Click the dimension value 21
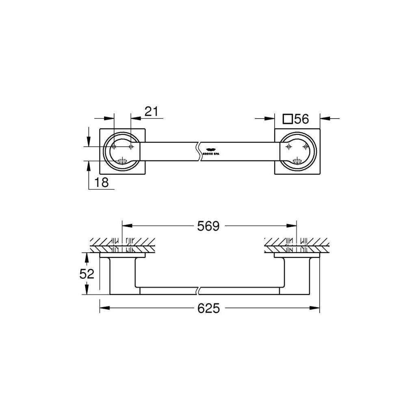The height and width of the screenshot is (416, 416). (x=151, y=111)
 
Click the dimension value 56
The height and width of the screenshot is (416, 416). (x=301, y=119)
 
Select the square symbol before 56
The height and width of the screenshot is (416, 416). (x=288, y=119)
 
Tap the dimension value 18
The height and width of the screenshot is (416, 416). (x=102, y=182)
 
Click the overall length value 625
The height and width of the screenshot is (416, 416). (x=209, y=308)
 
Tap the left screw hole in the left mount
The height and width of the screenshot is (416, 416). (x=114, y=146)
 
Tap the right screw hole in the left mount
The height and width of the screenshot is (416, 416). (x=130, y=146)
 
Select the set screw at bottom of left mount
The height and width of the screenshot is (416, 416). (x=122, y=161)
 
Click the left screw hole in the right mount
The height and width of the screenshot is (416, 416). (x=288, y=146)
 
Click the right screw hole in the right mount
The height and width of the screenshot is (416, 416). (x=305, y=146)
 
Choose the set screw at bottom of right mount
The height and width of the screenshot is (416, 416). (x=297, y=161)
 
